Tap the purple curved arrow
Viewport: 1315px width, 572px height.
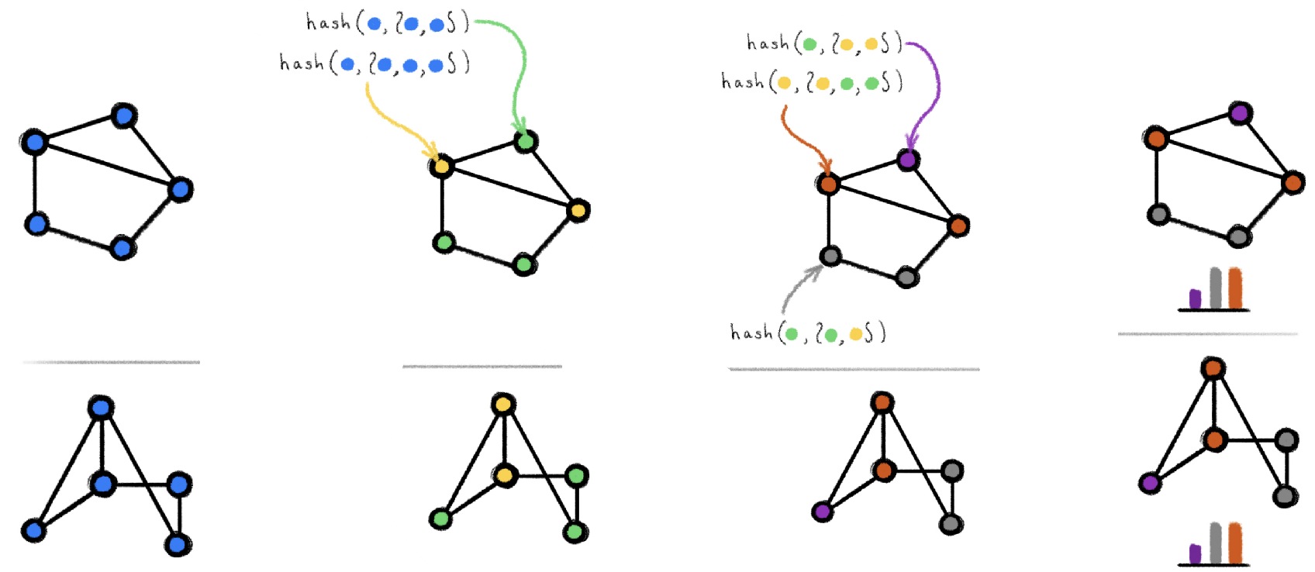[927, 85]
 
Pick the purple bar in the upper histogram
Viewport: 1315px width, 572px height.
[1195, 298]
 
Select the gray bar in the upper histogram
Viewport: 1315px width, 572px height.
[1215, 288]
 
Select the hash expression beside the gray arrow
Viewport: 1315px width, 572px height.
[807, 333]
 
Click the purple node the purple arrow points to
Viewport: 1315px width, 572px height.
[908, 160]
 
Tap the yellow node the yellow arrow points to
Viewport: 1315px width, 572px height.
[441, 166]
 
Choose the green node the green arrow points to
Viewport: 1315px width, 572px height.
[526, 142]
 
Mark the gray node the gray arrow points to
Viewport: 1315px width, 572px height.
[830, 257]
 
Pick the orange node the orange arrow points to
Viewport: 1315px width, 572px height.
[828, 184]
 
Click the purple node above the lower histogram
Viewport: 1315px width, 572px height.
[1150, 483]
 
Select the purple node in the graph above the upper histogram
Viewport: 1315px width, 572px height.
[1240, 114]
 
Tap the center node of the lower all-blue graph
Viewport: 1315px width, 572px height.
[102, 484]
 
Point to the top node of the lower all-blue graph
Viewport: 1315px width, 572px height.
[101, 408]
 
